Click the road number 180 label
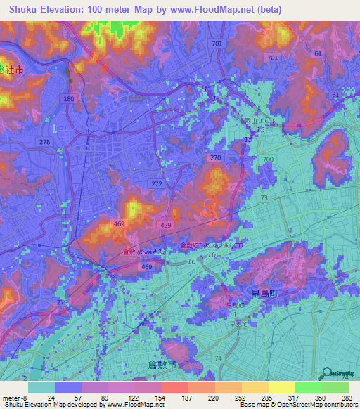68,99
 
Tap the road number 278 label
45,143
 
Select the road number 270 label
215,158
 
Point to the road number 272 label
157,183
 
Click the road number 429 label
166,223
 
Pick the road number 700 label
267,160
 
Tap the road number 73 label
264,199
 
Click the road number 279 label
63,303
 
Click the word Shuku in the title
25,9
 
